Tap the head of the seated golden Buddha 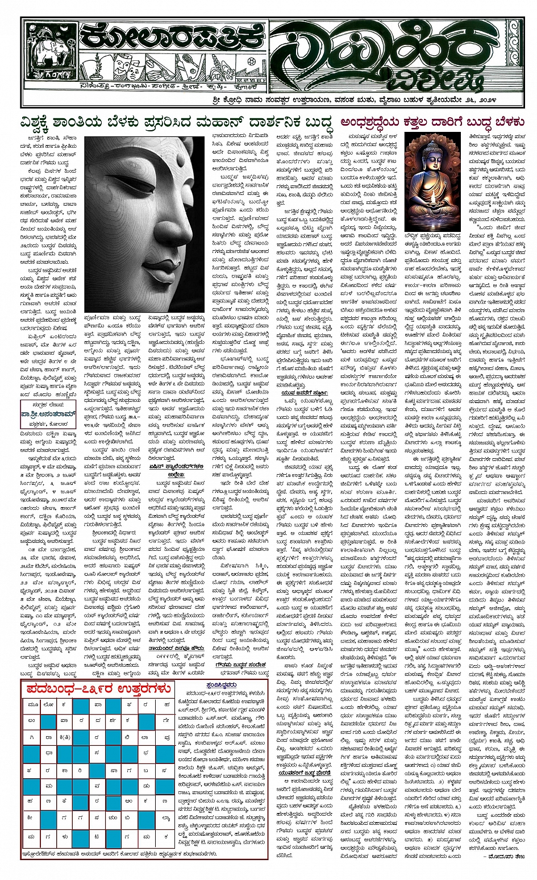tap(432, 156)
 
